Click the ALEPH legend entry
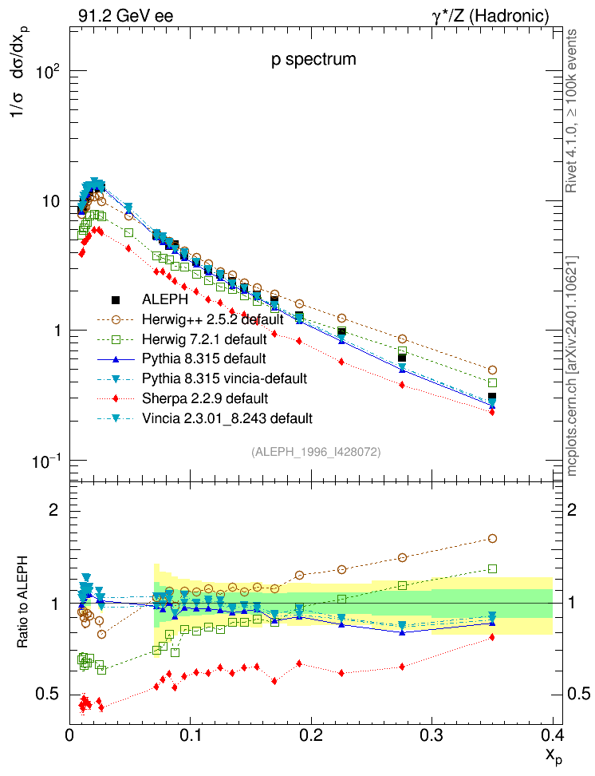click(x=165, y=301)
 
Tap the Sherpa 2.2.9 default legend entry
click(x=204, y=398)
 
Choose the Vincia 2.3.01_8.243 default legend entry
click(x=227, y=418)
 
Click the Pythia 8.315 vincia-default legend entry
click(x=224, y=378)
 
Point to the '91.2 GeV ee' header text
click(x=125, y=15)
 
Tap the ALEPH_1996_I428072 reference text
click(x=316, y=452)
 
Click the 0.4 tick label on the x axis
click(x=552, y=734)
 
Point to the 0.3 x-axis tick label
click(x=431, y=734)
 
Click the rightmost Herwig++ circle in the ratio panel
click(x=492, y=539)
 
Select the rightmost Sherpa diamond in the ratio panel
click(x=492, y=637)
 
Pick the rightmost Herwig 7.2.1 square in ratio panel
click(x=492, y=568)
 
